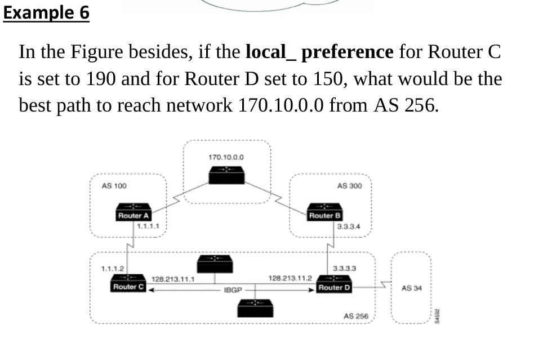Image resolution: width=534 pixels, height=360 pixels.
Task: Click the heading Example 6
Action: tap(46, 12)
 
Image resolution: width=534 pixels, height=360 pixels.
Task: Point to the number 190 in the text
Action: tap(101, 78)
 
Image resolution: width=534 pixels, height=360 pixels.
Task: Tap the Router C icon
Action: tap(128, 283)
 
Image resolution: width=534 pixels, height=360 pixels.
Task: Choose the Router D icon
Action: tap(334, 284)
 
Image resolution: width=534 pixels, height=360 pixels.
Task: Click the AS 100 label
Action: tap(113, 186)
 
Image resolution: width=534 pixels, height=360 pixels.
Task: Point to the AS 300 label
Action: tap(349, 186)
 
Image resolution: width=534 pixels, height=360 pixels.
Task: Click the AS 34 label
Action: tap(410, 288)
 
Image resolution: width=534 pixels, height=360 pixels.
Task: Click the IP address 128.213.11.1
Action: tap(173, 278)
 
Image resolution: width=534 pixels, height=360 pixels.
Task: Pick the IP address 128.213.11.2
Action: tap(290, 278)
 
